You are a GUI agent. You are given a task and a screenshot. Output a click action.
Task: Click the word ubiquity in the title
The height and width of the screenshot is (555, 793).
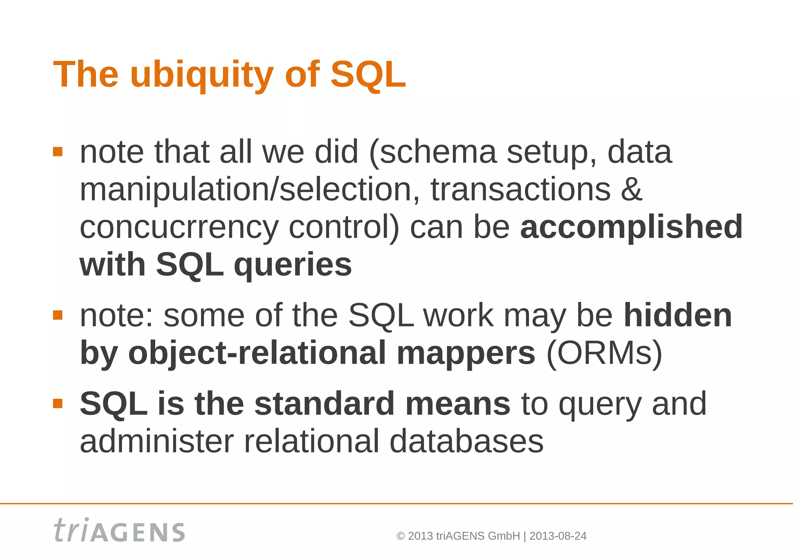pyautogui.click(x=202, y=75)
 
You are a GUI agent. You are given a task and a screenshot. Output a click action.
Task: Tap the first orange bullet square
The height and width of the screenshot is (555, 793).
pyautogui.click(x=58, y=151)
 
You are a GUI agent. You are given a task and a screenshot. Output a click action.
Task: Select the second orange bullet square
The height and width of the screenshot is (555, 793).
pyautogui.click(x=58, y=315)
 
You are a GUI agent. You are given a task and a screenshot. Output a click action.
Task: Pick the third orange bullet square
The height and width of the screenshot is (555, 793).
pyautogui.click(x=58, y=404)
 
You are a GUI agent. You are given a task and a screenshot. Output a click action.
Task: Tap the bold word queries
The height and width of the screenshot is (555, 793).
pyautogui.click(x=293, y=265)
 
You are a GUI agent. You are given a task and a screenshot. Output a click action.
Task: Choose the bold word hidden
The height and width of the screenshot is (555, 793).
pyautogui.click(x=678, y=315)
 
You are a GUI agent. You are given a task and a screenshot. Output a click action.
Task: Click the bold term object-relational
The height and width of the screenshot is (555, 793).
pyautogui.click(x=257, y=353)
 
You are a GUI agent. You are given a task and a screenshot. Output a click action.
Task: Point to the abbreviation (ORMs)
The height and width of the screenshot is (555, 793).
pyautogui.click(x=604, y=353)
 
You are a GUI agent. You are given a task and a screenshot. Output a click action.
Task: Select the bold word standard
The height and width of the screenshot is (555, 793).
pyautogui.click(x=324, y=404)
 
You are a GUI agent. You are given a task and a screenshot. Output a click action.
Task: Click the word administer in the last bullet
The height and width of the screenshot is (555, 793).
pyautogui.click(x=157, y=441)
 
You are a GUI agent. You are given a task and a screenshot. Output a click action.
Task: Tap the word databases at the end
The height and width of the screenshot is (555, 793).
pyautogui.click(x=466, y=441)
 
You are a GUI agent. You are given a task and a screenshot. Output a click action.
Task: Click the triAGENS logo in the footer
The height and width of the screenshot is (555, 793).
pyautogui.click(x=119, y=530)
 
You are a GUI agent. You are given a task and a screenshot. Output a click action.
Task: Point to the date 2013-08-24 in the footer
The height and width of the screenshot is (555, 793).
pyautogui.click(x=558, y=536)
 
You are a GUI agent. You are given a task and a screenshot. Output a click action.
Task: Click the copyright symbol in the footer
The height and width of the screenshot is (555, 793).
pyautogui.click(x=401, y=536)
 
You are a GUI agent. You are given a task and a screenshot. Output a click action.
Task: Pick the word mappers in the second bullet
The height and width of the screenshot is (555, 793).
pyautogui.click(x=466, y=353)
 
